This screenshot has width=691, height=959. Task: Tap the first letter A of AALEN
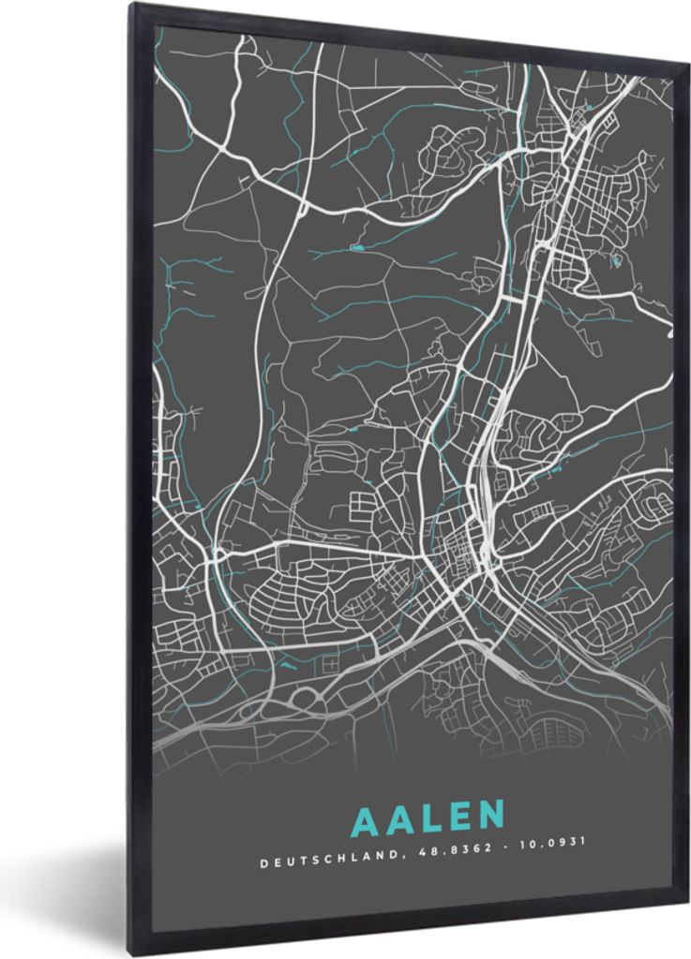tap(367, 819)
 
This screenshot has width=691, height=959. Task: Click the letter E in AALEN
tap(458, 819)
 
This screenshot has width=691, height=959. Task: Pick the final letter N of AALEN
tap(489, 819)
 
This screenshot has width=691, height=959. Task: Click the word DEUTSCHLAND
tap(315, 866)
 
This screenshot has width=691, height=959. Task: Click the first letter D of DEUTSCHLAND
tap(263, 866)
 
